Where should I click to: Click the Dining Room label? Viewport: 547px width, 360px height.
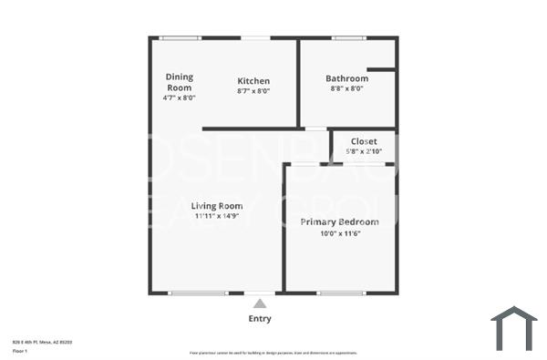tap(179, 82)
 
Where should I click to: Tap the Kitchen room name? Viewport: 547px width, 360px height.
tap(253, 80)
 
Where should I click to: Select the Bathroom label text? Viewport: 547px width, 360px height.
tap(347, 78)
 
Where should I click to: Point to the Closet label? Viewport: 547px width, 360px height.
tap(364, 141)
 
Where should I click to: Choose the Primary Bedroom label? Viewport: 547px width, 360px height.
tap(340, 221)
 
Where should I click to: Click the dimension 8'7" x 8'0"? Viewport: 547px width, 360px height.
tap(253, 91)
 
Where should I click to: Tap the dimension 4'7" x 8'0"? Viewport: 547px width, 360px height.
tap(180, 98)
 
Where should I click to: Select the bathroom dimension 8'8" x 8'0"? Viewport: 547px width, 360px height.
tap(347, 89)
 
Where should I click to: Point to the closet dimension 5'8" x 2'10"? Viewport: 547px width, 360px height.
tap(364, 151)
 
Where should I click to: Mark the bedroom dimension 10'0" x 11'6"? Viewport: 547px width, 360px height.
tap(340, 233)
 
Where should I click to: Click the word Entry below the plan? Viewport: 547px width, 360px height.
tap(260, 319)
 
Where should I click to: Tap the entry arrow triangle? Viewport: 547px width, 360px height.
tap(260, 303)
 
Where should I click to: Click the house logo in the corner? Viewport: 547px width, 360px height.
tap(514, 328)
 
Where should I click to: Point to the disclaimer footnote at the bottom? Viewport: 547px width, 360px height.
tap(273, 353)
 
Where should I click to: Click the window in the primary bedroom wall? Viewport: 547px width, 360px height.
tap(342, 293)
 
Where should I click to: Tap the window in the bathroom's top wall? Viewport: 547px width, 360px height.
tap(347, 38)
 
